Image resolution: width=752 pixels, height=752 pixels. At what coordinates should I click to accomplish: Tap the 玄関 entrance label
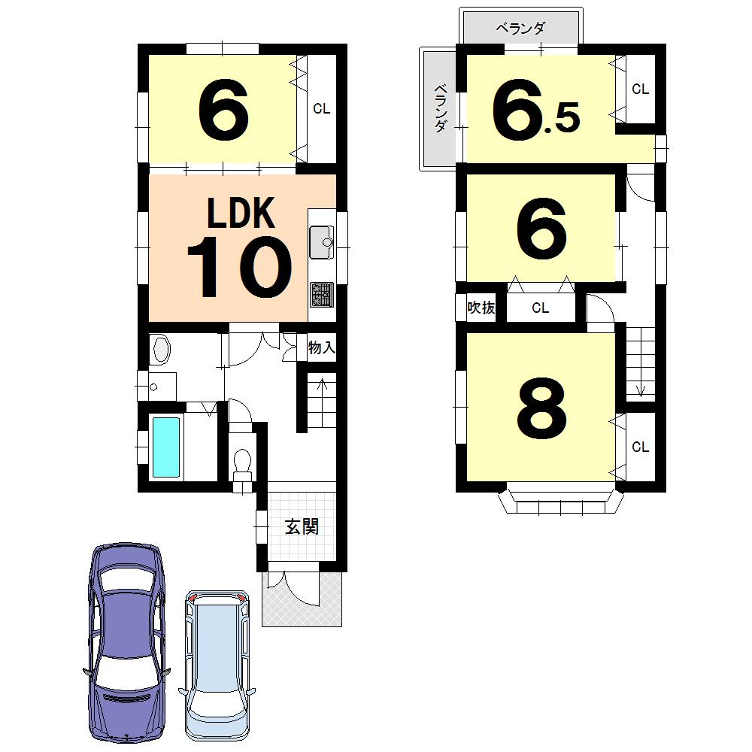tap(301, 526)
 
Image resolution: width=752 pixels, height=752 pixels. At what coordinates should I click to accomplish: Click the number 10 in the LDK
tap(238, 267)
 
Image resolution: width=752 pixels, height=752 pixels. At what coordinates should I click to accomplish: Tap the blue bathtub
tap(166, 447)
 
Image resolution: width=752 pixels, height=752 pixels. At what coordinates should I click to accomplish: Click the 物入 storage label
tap(321, 348)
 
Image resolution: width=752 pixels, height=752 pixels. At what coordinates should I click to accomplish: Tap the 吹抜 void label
tap(481, 308)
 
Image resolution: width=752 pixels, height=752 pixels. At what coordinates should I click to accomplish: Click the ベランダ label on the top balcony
tap(520, 29)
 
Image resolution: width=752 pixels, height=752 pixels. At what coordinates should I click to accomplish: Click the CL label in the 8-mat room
tap(640, 447)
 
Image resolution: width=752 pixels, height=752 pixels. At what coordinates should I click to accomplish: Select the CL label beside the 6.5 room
tap(640, 89)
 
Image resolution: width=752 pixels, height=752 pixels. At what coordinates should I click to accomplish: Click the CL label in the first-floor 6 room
tap(321, 109)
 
